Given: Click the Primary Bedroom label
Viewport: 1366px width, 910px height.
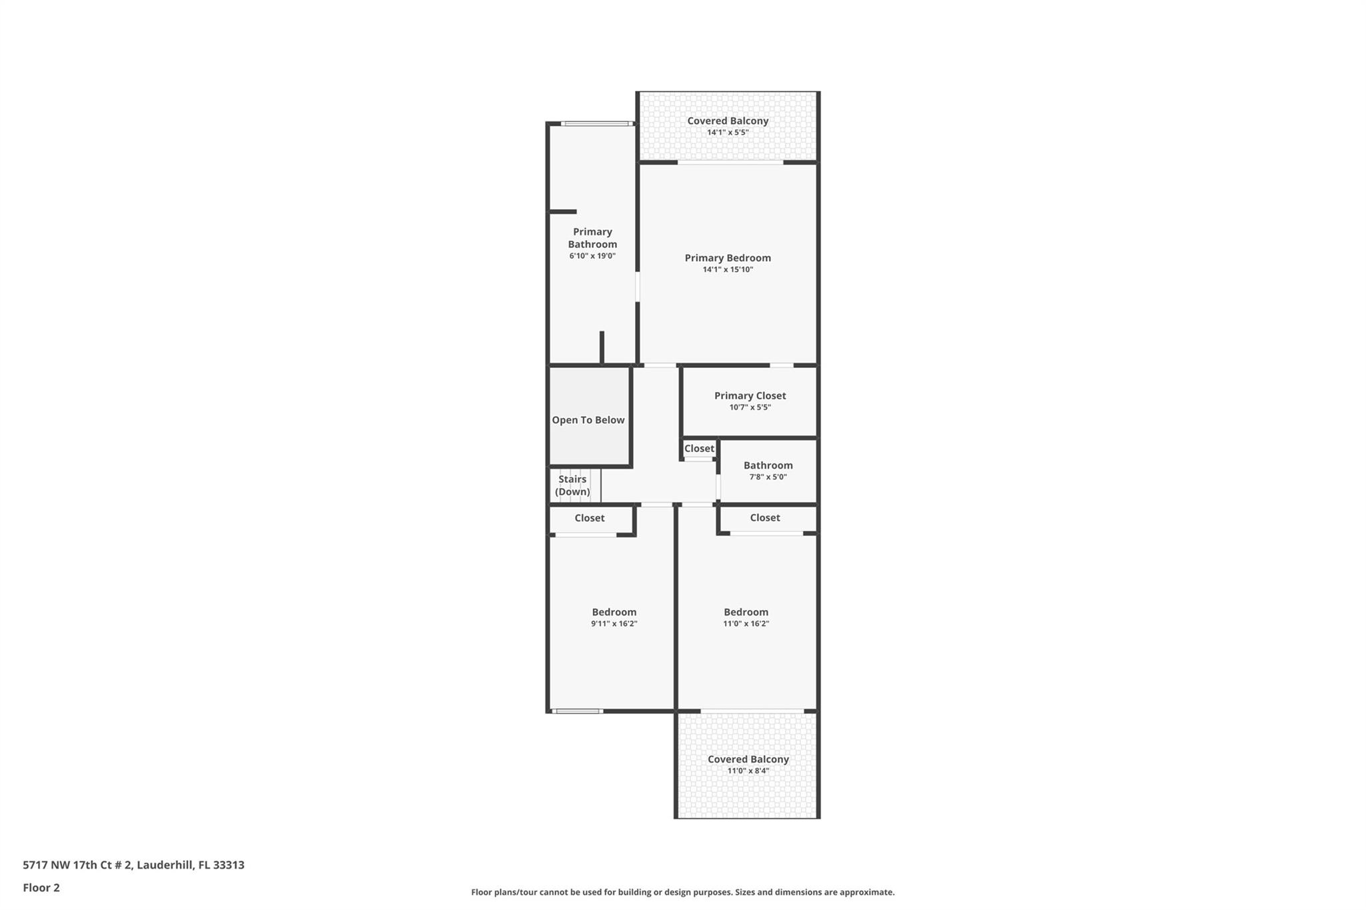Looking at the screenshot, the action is pos(728,258).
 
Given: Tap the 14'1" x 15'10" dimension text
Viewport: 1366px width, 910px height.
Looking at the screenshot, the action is pos(728,270).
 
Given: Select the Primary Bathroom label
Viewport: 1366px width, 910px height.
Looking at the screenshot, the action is pos(592,238).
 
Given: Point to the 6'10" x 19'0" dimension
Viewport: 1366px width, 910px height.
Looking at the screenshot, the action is pos(592,256).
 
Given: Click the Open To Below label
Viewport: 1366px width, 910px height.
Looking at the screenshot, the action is pos(588,420).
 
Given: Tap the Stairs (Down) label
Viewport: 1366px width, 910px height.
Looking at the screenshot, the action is pos(572,485).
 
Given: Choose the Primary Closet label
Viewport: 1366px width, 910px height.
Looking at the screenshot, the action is pos(750,396).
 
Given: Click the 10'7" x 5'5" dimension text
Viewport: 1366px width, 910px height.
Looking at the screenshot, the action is pos(750,407).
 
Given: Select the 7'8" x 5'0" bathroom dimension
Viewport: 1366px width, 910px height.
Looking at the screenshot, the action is pos(768,477).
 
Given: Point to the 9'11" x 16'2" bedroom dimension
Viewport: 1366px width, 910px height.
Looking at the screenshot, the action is pos(614,624).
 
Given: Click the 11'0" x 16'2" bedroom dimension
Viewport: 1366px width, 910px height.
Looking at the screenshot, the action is pos(746,624).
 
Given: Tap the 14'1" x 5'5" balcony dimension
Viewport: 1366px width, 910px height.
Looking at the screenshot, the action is pos(728,133).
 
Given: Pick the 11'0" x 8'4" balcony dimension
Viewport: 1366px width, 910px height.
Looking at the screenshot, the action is pos(748,771).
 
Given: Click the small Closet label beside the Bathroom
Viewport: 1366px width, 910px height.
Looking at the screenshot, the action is pos(699,449).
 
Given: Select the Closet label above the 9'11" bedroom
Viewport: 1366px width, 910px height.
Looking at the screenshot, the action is pos(590,518).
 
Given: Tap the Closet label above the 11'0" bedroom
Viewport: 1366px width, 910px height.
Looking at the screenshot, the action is pos(765,517).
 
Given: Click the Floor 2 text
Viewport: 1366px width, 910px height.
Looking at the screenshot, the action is pos(41,888).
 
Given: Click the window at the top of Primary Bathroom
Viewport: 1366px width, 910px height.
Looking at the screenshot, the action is pos(597,123).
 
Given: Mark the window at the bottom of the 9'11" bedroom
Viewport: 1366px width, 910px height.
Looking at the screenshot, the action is pos(578,711).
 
